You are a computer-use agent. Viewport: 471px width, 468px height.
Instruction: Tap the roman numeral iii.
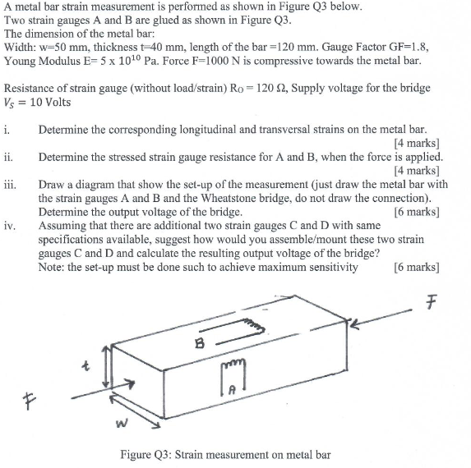coord(9,185)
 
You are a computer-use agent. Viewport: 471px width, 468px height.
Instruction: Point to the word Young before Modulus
coord(23,62)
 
